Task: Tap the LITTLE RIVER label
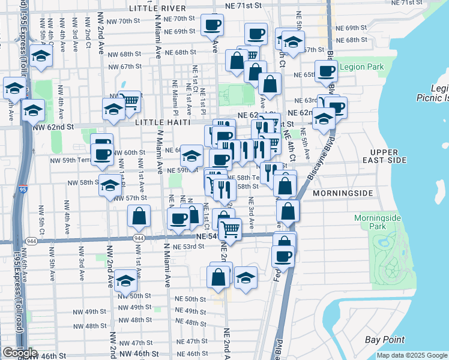click(x=158, y=8)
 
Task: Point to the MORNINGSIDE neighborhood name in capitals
click(x=343, y=193)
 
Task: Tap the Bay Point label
click(x=385, y=340)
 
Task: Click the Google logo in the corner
click(x=20, y=353)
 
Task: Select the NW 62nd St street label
click(x=52, y=127)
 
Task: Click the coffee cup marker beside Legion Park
click(x=326, y=71)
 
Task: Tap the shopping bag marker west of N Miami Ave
click(x=139, y=218)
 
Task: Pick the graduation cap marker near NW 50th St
click(x=125, y=281)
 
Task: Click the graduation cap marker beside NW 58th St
click(x=110, y=185)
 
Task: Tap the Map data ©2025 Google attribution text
click(x=412, y=355)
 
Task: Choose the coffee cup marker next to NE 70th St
click(x=212, y=26)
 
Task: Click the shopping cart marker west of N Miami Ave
click(x=130, y=100)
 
